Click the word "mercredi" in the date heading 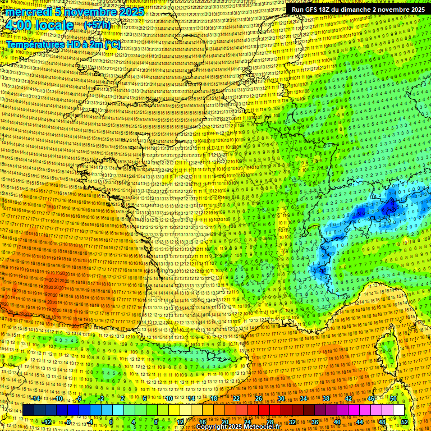[x=26, y=12]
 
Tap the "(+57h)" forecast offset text [x=97, y=25]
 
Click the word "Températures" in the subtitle [x=33, y=44]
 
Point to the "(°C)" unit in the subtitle [x=111, y=44]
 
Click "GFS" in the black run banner [x=315, y=10]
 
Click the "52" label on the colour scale [x=405, y=421]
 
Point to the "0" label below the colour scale [x=112, y=421]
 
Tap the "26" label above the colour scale [x=259, y=398]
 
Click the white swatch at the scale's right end [x=398, y=410]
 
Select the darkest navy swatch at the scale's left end [x=28, y=410]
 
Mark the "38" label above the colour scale [x=326, y=398]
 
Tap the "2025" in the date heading [x=131, y=12]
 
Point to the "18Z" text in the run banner [x=332, y=10]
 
